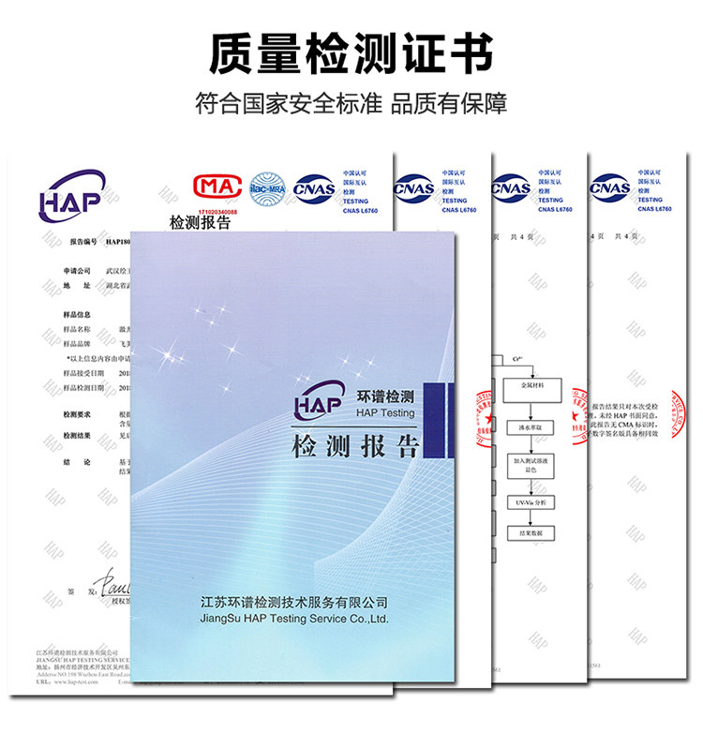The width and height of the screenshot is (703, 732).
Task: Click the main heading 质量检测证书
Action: click(351, 53)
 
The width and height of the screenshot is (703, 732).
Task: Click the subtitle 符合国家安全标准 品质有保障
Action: click(351, 103)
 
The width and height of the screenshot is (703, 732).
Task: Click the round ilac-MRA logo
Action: click(265, 188)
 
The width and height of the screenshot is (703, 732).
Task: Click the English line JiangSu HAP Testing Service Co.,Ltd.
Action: click(294, 620)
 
